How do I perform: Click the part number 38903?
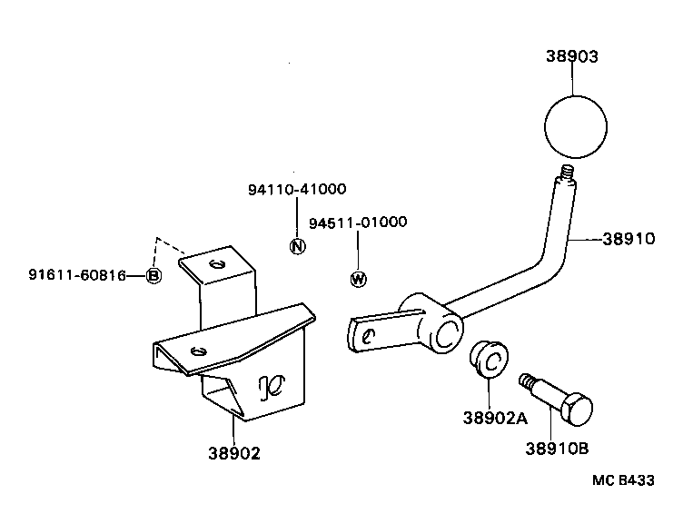point(572,55)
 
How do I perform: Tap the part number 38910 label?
point(629,240)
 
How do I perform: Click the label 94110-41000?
point(296,189)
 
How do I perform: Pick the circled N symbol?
point(297,245)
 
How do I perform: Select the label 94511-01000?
point(358,222)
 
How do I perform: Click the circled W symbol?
point(359,279)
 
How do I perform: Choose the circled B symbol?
point(153,275)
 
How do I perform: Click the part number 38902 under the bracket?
point(233,453)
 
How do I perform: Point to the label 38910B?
point(556,447)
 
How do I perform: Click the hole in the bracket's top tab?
point(215,264)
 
